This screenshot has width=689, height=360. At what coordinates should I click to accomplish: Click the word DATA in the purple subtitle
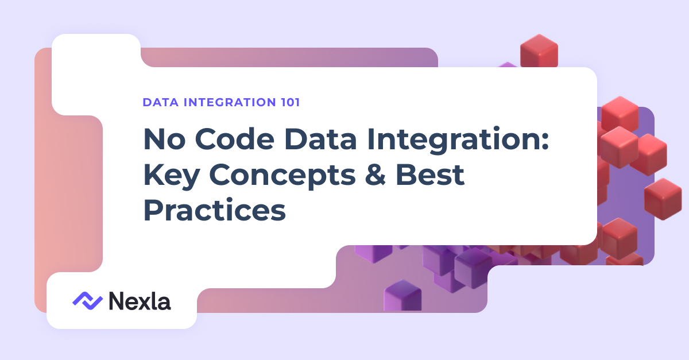(x=161, y=102)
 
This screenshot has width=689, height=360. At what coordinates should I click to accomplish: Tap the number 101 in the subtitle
(x=291, y=102)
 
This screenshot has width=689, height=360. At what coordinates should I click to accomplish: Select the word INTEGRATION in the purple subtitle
(x=230, y=102)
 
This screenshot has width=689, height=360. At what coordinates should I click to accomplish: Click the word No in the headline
(x=165, y=140)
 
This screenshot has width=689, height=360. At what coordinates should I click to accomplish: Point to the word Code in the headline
(x=234, y=139)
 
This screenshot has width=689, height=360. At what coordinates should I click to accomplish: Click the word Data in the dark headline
(x=320, y=139)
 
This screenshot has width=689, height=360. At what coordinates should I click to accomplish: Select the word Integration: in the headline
(x=458, y=140)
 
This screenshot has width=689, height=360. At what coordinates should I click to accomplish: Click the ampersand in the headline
(x=376, y=175)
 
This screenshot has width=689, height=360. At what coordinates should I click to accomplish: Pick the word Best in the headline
(x=429, y=175)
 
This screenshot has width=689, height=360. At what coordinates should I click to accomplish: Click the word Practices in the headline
(x=215, y=210)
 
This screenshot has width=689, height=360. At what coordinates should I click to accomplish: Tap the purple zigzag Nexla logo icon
(x=88, y=301)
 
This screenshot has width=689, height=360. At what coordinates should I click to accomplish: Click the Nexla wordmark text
(x=140, y=301)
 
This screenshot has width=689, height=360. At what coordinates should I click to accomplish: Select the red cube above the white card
(x=539, y=51)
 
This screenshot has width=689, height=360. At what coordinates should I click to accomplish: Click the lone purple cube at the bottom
(x=402, y=295)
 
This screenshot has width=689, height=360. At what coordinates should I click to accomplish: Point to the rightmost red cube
(x=663, y=199)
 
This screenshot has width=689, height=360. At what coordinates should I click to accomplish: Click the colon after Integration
(x=545, y=142)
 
